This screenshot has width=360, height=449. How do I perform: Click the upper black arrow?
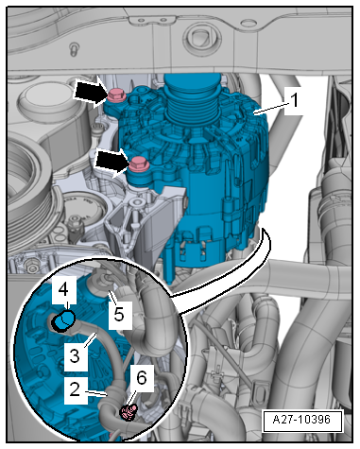(x=90, y=93)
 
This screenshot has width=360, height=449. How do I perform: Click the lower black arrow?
(x=112, y=163)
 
